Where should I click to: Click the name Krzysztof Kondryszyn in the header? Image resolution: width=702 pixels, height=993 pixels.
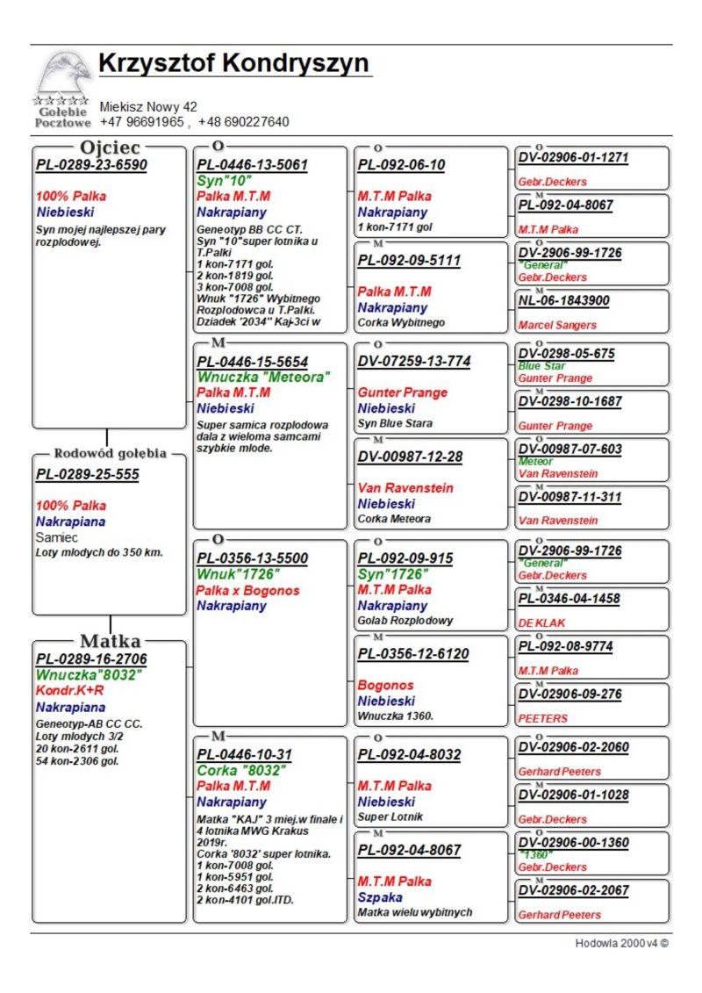click(233, 64)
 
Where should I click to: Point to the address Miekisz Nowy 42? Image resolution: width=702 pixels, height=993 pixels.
click(148, 107)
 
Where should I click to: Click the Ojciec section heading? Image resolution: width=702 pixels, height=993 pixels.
click(110, 148)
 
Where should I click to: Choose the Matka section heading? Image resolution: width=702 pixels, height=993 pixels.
click(110, 641)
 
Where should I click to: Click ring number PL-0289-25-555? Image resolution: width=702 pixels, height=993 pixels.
click(87, 475)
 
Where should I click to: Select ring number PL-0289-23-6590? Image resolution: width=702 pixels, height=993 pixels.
click(91, 165)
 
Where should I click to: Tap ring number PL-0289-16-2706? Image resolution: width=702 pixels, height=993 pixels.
click(91, 659)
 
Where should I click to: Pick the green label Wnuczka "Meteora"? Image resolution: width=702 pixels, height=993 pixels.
click(263, 377)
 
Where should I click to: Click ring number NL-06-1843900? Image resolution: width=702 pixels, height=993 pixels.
click(563, 300)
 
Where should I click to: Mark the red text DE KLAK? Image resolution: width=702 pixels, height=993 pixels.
click(541, 622)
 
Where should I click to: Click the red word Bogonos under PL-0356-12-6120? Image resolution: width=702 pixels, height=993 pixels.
click(385, 685)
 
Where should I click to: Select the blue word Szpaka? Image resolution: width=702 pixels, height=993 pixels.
click(380, 897)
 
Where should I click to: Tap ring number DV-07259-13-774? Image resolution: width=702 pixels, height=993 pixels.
click(413, 361)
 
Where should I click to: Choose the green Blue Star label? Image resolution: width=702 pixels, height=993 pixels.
click(541, 366)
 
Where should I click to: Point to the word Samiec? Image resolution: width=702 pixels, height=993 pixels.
click(57, 536)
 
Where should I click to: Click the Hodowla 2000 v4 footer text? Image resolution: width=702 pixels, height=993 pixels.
click(621, 944)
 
